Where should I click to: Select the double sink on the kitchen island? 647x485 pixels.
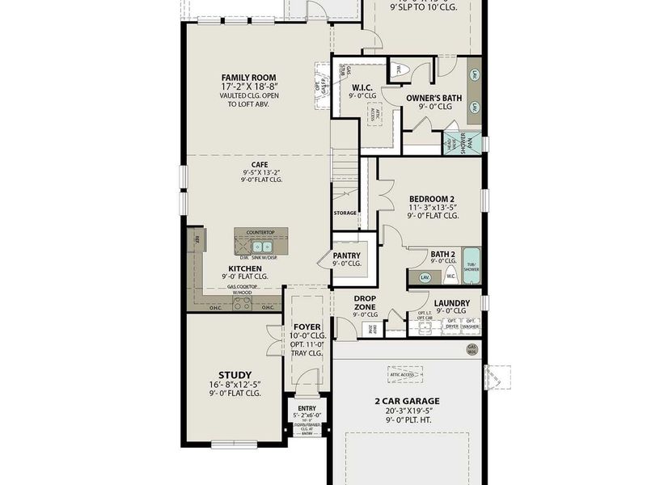tap(260, 247)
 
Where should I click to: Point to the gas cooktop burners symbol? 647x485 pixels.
tap(241, 303)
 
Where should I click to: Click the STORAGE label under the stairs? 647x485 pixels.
tap(345, 213)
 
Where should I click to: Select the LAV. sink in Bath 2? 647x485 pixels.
tap(425, 277)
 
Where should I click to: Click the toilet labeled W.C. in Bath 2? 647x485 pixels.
tap(452, 276)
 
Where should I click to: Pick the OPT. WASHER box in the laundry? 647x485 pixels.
tap(471, 324)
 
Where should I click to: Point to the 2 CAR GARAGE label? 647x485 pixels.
tap(406, 401)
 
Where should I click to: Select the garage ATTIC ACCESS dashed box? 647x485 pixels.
tap(405, 374)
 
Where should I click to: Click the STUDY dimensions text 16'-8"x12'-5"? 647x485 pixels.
tap(234, 384)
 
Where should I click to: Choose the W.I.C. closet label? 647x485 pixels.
tap(362, 88)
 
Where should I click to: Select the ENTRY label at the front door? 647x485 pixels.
tap(307, 408)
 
